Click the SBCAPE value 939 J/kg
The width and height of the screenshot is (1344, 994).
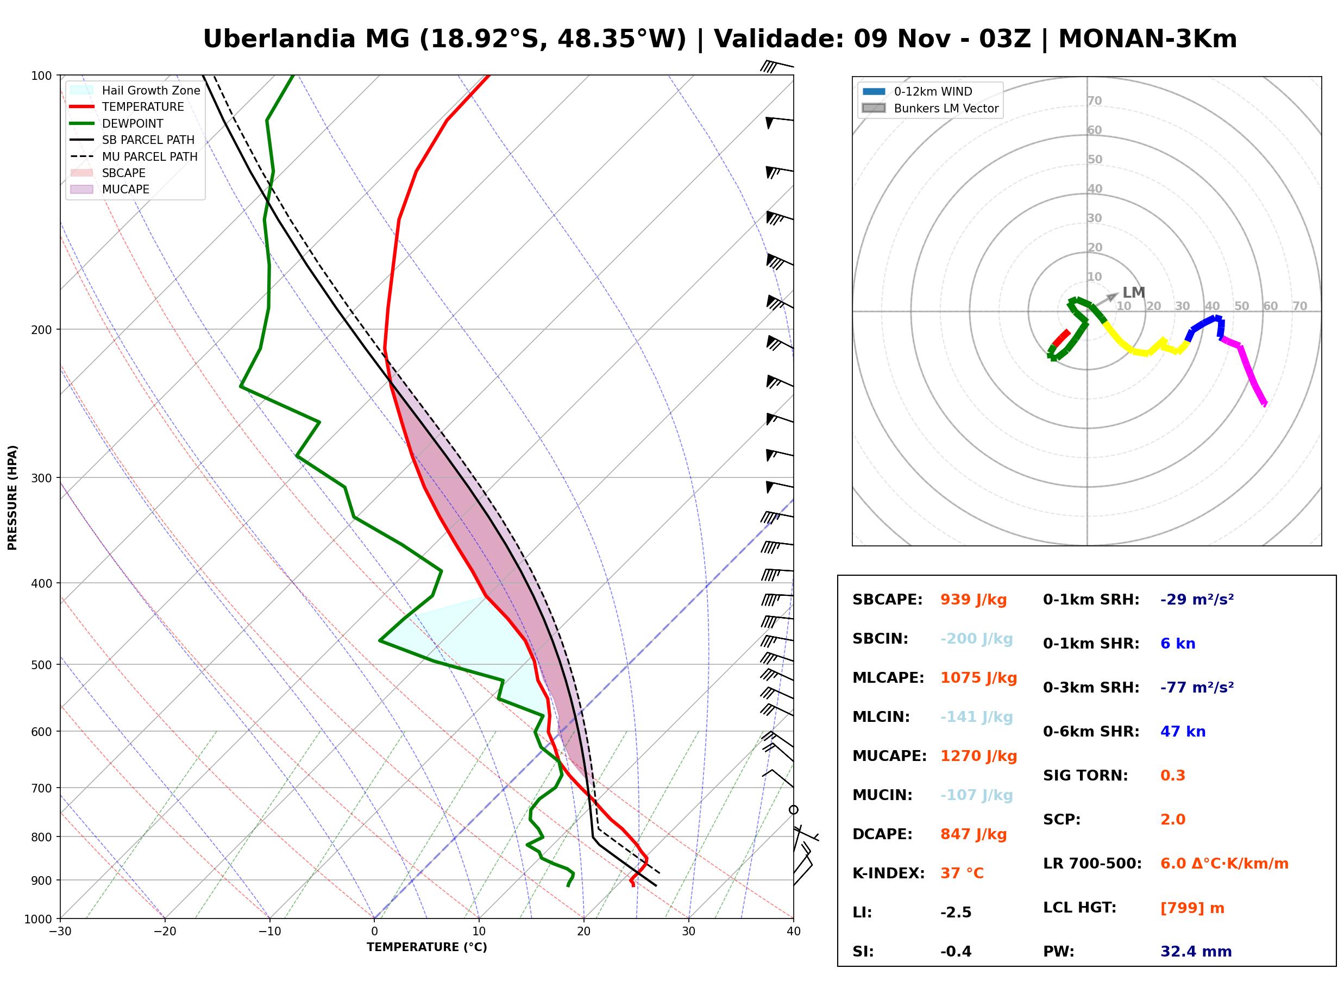point(973,600)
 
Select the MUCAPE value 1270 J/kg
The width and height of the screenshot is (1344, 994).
point(978,756)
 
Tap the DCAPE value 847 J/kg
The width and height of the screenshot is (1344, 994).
point(973,834)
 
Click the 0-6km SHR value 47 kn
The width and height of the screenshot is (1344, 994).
point(1183,732)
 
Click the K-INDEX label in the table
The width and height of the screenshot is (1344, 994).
point(888,873)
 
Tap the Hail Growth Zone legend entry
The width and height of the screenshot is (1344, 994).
point(135,90)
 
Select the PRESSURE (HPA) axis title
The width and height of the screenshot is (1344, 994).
point(12,498)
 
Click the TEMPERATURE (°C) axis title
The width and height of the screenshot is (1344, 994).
point(427,948)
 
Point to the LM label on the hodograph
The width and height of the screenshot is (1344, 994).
point(1133,293)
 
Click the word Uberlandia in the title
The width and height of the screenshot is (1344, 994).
point(279,39)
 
